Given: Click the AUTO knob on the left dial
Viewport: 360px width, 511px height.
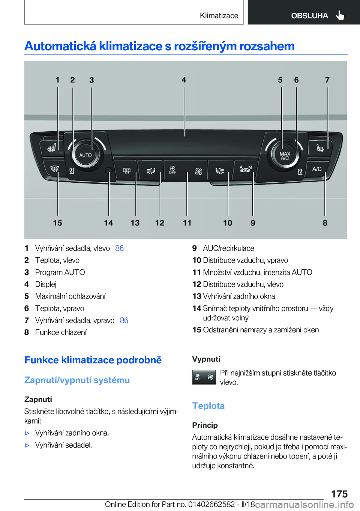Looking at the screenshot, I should tap(85, 155).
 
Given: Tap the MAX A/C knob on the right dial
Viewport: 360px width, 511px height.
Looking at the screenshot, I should tap(285, 156).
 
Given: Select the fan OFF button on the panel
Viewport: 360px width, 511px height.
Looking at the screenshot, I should tap(172, 170).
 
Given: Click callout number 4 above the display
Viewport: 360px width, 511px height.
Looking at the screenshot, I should tap(184, 80).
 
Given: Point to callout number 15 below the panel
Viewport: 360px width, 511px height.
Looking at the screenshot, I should tap(57, 223).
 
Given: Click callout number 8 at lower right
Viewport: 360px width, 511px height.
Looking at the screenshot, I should tap(325, 223).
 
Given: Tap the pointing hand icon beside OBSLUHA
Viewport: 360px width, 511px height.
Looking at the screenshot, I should tap(340, 15).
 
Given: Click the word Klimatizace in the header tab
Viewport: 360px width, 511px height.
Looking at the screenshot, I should tap(219, 15).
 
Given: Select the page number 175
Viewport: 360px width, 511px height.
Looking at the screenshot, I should tap(339, 494).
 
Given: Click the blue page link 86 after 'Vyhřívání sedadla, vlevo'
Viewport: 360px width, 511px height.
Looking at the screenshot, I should tap(119, 248).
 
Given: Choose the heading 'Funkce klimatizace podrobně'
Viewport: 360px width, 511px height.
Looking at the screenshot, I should tap(93, 360).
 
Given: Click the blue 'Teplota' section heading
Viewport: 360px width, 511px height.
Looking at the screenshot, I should tap(208, 406).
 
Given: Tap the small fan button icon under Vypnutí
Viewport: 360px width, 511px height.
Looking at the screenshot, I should tap(204, 377).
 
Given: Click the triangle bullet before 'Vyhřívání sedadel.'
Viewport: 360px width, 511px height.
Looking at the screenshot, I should tap(27, 445).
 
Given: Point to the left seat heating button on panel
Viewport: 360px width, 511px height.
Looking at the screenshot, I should tap(52, 149).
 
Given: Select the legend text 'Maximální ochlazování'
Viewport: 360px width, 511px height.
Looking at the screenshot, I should tap(70, 296).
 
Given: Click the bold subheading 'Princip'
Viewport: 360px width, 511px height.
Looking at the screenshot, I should tap(205, 425).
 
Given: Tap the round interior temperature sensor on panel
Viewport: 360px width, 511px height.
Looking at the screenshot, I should tap(109, 171).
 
